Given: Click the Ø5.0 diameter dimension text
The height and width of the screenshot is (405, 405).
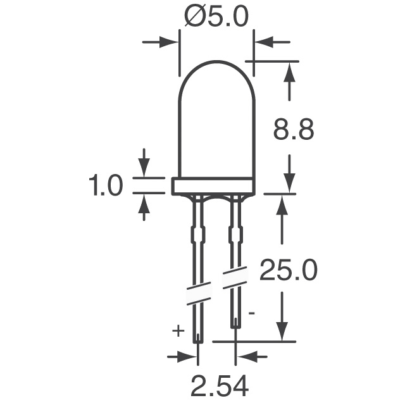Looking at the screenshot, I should click(216, 17).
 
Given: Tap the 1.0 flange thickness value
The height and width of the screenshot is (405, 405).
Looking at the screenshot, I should click(106, 186).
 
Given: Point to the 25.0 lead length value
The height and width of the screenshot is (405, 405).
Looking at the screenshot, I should click(289, 272).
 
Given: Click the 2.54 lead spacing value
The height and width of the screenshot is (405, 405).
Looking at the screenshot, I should click(217, 385).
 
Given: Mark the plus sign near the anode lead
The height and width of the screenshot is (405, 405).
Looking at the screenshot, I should click(178, 330).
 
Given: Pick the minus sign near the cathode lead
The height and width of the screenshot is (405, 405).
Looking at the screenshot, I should click(252, 312).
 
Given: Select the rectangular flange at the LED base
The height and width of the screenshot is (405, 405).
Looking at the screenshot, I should click(213, 185).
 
